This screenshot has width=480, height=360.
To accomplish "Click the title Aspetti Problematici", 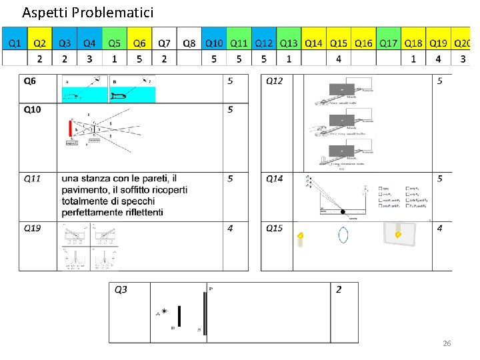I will point(87,12).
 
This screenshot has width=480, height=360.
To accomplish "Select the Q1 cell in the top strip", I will point(15,43).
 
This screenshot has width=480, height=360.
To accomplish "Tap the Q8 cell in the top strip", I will point(189,43).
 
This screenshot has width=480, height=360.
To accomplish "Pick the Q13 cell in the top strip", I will point(289,43).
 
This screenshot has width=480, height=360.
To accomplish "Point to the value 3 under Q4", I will point(89,59).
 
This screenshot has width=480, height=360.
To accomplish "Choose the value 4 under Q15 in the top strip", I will point(339,59).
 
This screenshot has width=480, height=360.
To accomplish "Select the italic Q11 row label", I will point(32,179).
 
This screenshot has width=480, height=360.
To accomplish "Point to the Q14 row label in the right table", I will point(274,179).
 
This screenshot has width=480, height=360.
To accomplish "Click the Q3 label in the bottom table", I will point(121,289).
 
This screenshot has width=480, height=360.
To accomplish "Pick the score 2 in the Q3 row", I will point(339,289).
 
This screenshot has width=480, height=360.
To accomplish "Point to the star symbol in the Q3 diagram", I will point(164,311).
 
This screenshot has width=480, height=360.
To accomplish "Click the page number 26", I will point(447,343).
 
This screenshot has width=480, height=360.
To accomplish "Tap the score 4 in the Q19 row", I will point(230,228).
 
